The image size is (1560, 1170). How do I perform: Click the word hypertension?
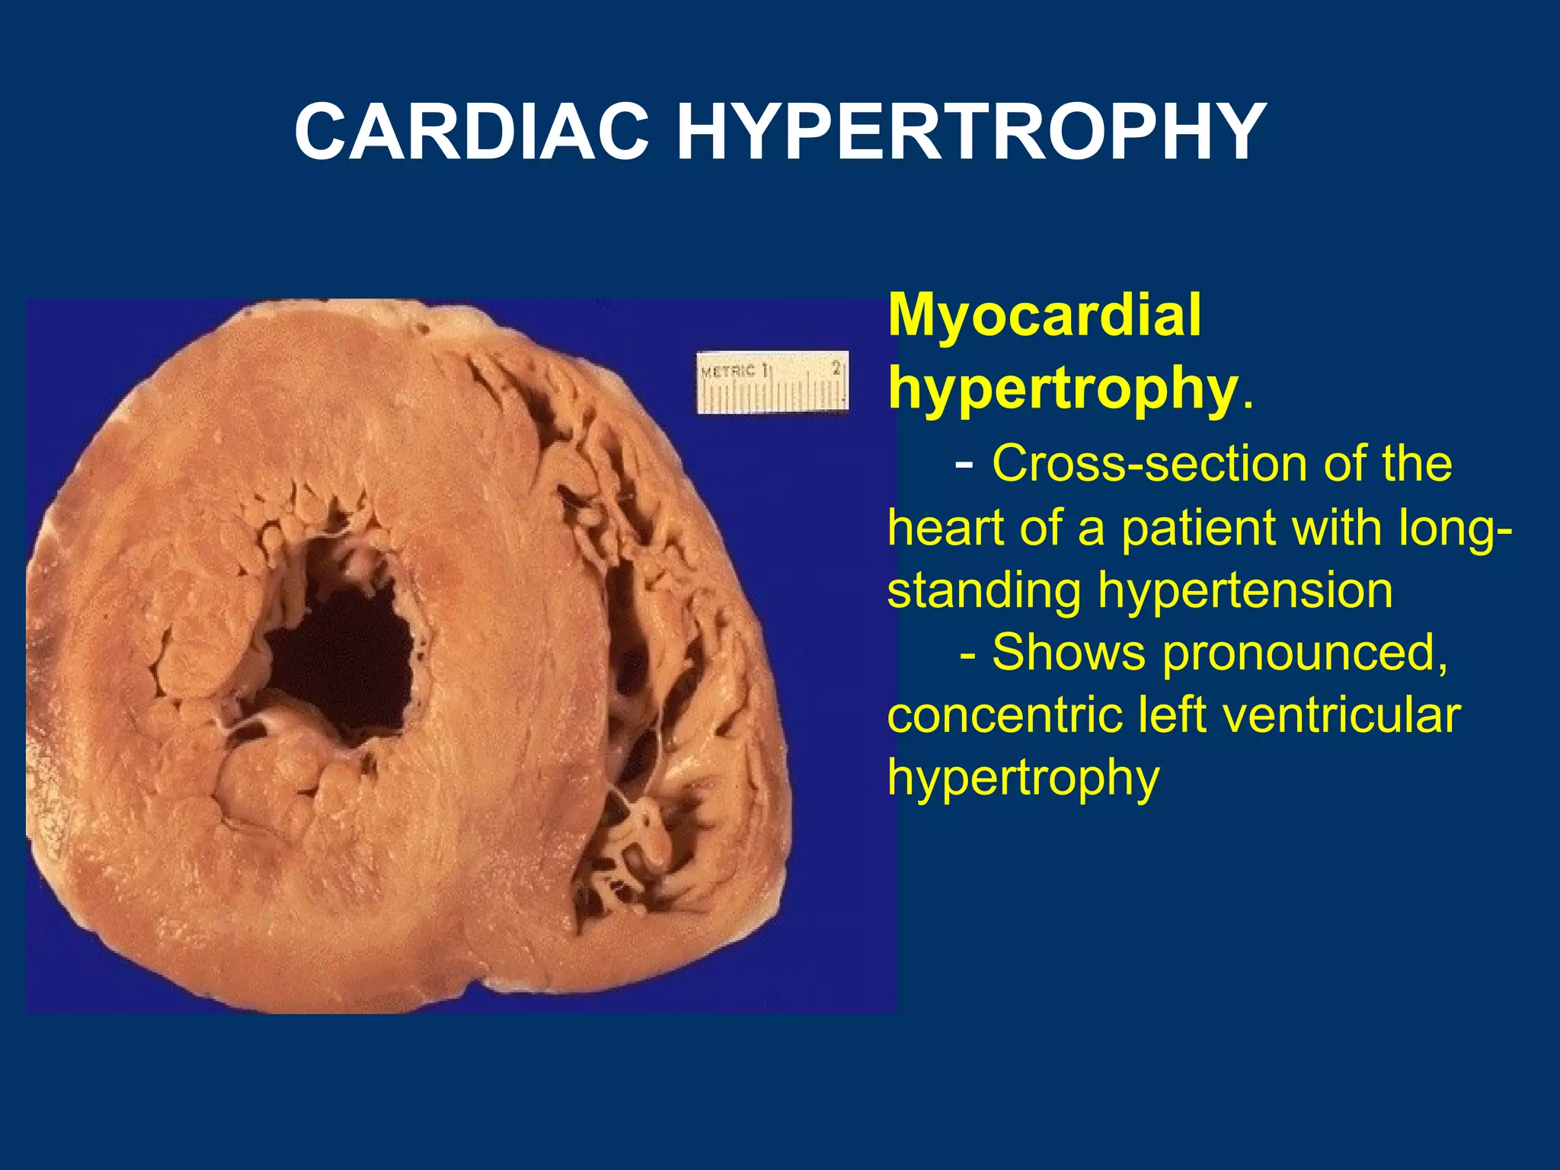point(1245,590)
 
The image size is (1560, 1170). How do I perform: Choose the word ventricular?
point(1332,715)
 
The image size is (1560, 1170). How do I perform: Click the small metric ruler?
point(772,382)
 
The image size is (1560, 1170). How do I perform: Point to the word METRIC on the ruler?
point(728,372)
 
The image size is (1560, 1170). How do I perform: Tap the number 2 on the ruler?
point(836,369)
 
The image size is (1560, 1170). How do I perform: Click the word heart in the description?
point(945,527)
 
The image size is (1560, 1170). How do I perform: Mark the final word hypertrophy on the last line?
point(1023,778)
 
